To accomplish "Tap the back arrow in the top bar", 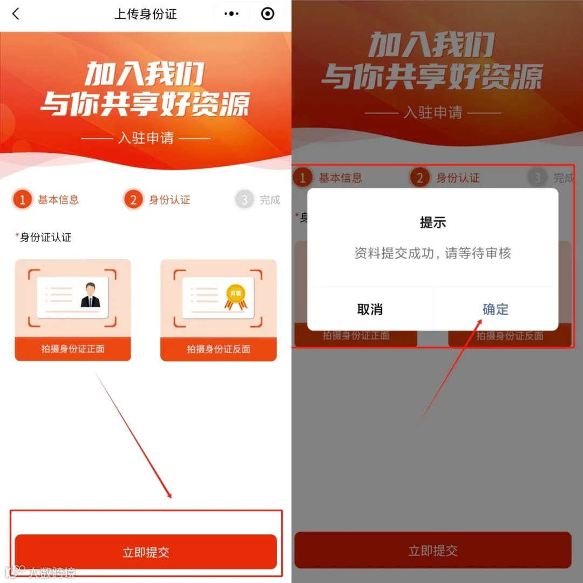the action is point(16,13).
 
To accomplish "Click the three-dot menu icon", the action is point(231,13).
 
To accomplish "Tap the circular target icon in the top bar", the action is point(268,13).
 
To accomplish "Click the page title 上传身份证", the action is point(145,14).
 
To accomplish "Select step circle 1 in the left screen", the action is point(22,199).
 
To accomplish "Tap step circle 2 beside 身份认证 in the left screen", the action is point(133,199).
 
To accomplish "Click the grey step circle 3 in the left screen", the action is point(245,199).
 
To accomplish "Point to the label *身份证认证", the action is point(44,237).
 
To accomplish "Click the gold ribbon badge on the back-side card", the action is point(236,297).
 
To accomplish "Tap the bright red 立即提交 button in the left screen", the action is point(146,552).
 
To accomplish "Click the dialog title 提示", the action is point(433,222).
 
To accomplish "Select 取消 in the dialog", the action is point(370,309).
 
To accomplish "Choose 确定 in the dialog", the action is point(496,309).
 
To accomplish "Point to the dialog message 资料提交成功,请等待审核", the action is point(433,253).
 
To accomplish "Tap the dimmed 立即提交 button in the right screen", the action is point(433,550).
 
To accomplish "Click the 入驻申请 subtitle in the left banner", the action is point(146,138).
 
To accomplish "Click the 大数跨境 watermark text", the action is point(52,572).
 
